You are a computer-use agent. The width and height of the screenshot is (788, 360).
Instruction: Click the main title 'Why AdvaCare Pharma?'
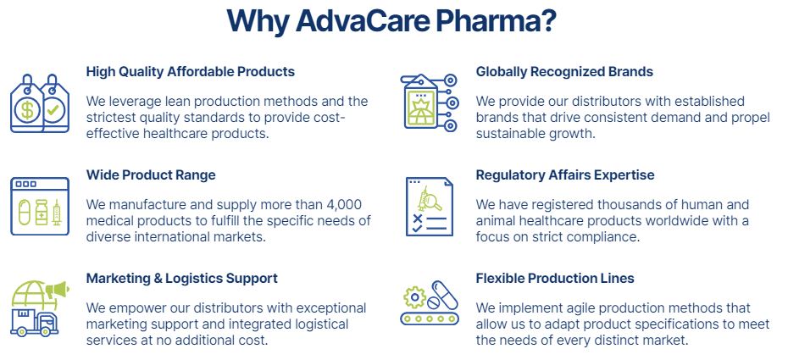point(391,20)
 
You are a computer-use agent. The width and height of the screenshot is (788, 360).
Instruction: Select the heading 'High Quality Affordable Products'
point(191,72)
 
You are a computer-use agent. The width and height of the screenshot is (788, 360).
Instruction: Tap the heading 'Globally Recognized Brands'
point(564,72)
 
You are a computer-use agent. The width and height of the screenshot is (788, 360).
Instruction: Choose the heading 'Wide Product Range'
point(151,175)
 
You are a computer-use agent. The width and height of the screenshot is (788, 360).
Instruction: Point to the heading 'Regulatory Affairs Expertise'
point(565,175)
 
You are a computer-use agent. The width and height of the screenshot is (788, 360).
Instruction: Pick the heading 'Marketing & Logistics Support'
point(182,278)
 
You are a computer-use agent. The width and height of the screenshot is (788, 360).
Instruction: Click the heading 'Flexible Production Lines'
point(555,278)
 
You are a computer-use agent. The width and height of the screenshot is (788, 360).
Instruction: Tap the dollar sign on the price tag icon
point(26,110)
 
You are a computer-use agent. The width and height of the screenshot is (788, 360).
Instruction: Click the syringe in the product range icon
point(56,212)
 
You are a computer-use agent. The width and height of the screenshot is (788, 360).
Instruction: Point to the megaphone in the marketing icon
point(58,290)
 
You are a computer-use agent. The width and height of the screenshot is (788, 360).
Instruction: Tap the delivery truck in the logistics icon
point(34,321)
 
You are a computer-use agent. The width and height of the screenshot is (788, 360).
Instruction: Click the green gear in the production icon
point(415,297)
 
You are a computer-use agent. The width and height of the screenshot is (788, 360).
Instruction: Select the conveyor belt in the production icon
point(430,318)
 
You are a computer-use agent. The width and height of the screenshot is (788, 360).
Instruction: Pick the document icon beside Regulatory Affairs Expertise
point(430,207)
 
